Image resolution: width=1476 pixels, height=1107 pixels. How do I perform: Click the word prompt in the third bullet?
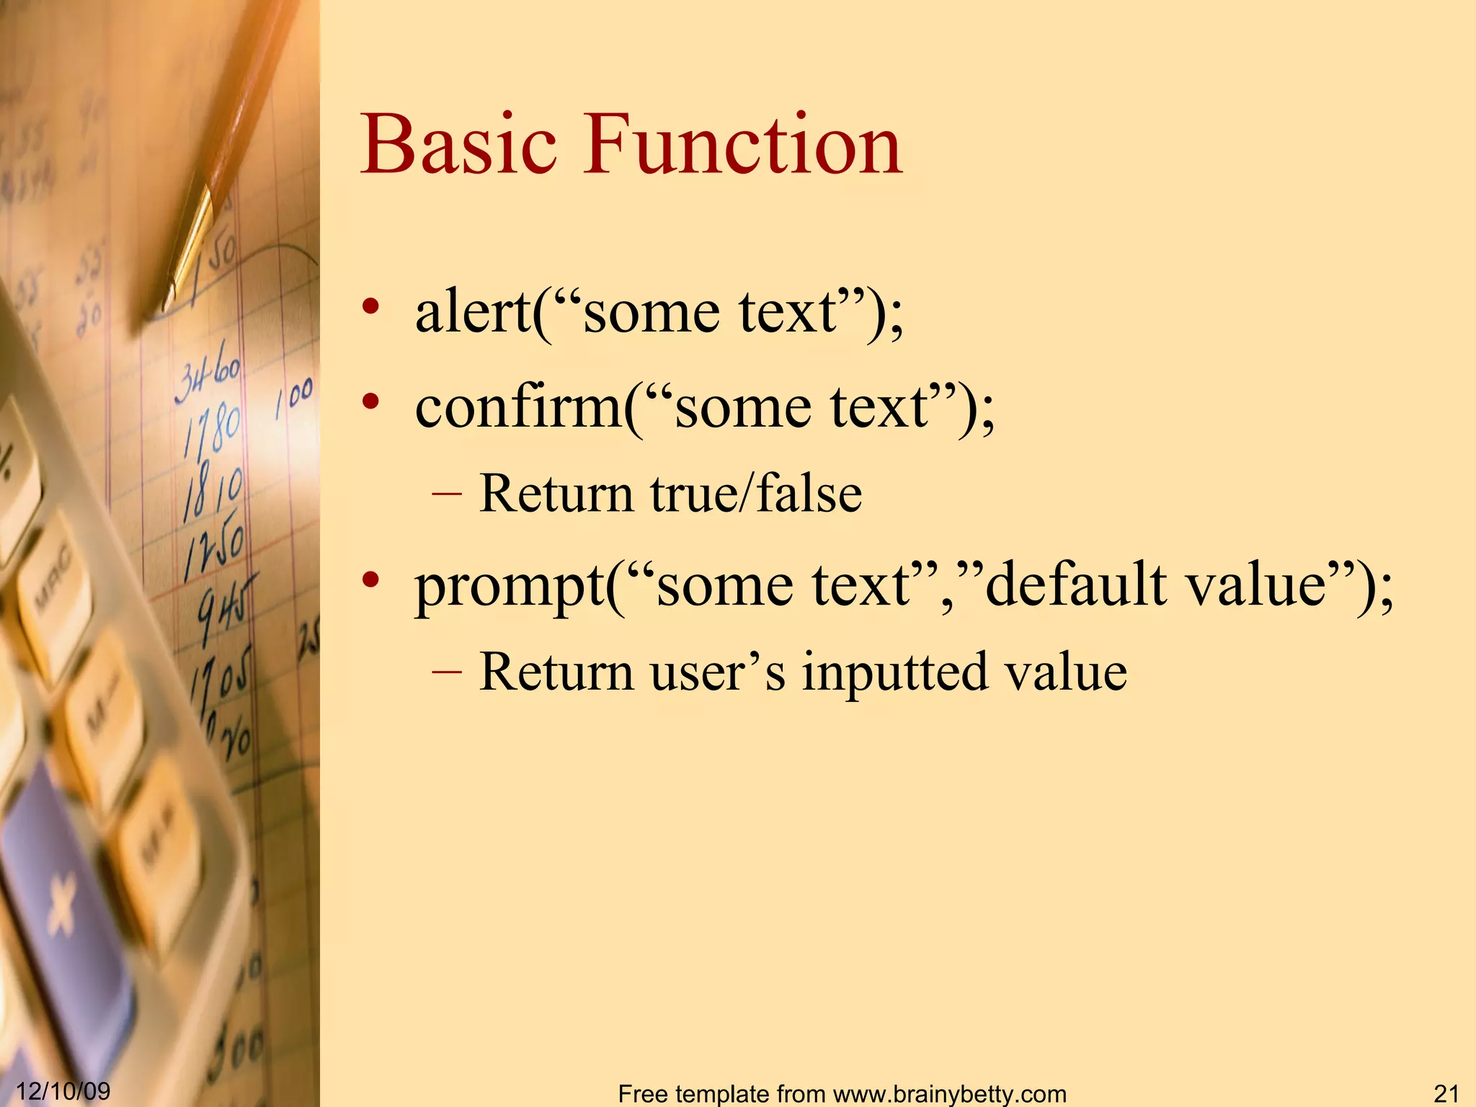coord(509,585)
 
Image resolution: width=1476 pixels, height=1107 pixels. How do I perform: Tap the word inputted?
coord(894,672)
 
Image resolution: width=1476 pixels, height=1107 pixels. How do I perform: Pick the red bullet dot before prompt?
coord(370,579)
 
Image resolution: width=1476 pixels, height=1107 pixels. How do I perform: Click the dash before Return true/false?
coord(447,494)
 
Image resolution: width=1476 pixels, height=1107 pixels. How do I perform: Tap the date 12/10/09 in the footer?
coord(63,1090)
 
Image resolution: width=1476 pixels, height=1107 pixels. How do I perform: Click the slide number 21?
coord(1446,1093)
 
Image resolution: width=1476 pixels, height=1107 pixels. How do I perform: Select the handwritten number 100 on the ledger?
coord(294,396)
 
